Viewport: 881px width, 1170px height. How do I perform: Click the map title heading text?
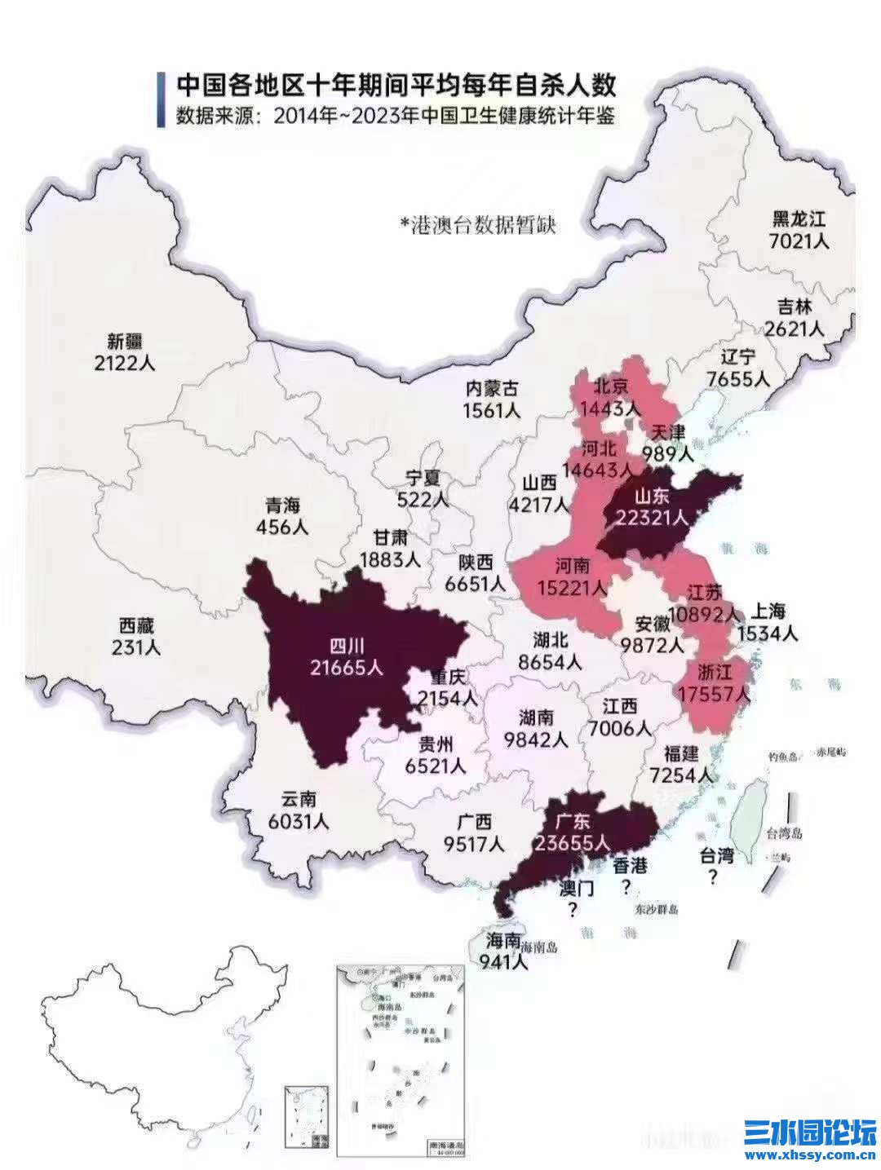tap(396, 86)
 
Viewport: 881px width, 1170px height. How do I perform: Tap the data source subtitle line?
tap(396, 116)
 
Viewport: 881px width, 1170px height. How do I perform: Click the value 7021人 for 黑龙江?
tap(799, 241)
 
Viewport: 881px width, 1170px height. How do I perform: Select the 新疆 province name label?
tap(125, 341)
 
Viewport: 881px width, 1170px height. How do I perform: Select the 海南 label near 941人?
tap(502, 940)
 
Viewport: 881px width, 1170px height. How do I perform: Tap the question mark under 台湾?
tap(713, 877)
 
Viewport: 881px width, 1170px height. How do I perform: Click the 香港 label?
tap(629, 865)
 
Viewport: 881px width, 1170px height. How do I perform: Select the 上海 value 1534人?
tap(768, 634)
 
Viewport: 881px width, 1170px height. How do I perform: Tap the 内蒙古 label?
tap(491, 389)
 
